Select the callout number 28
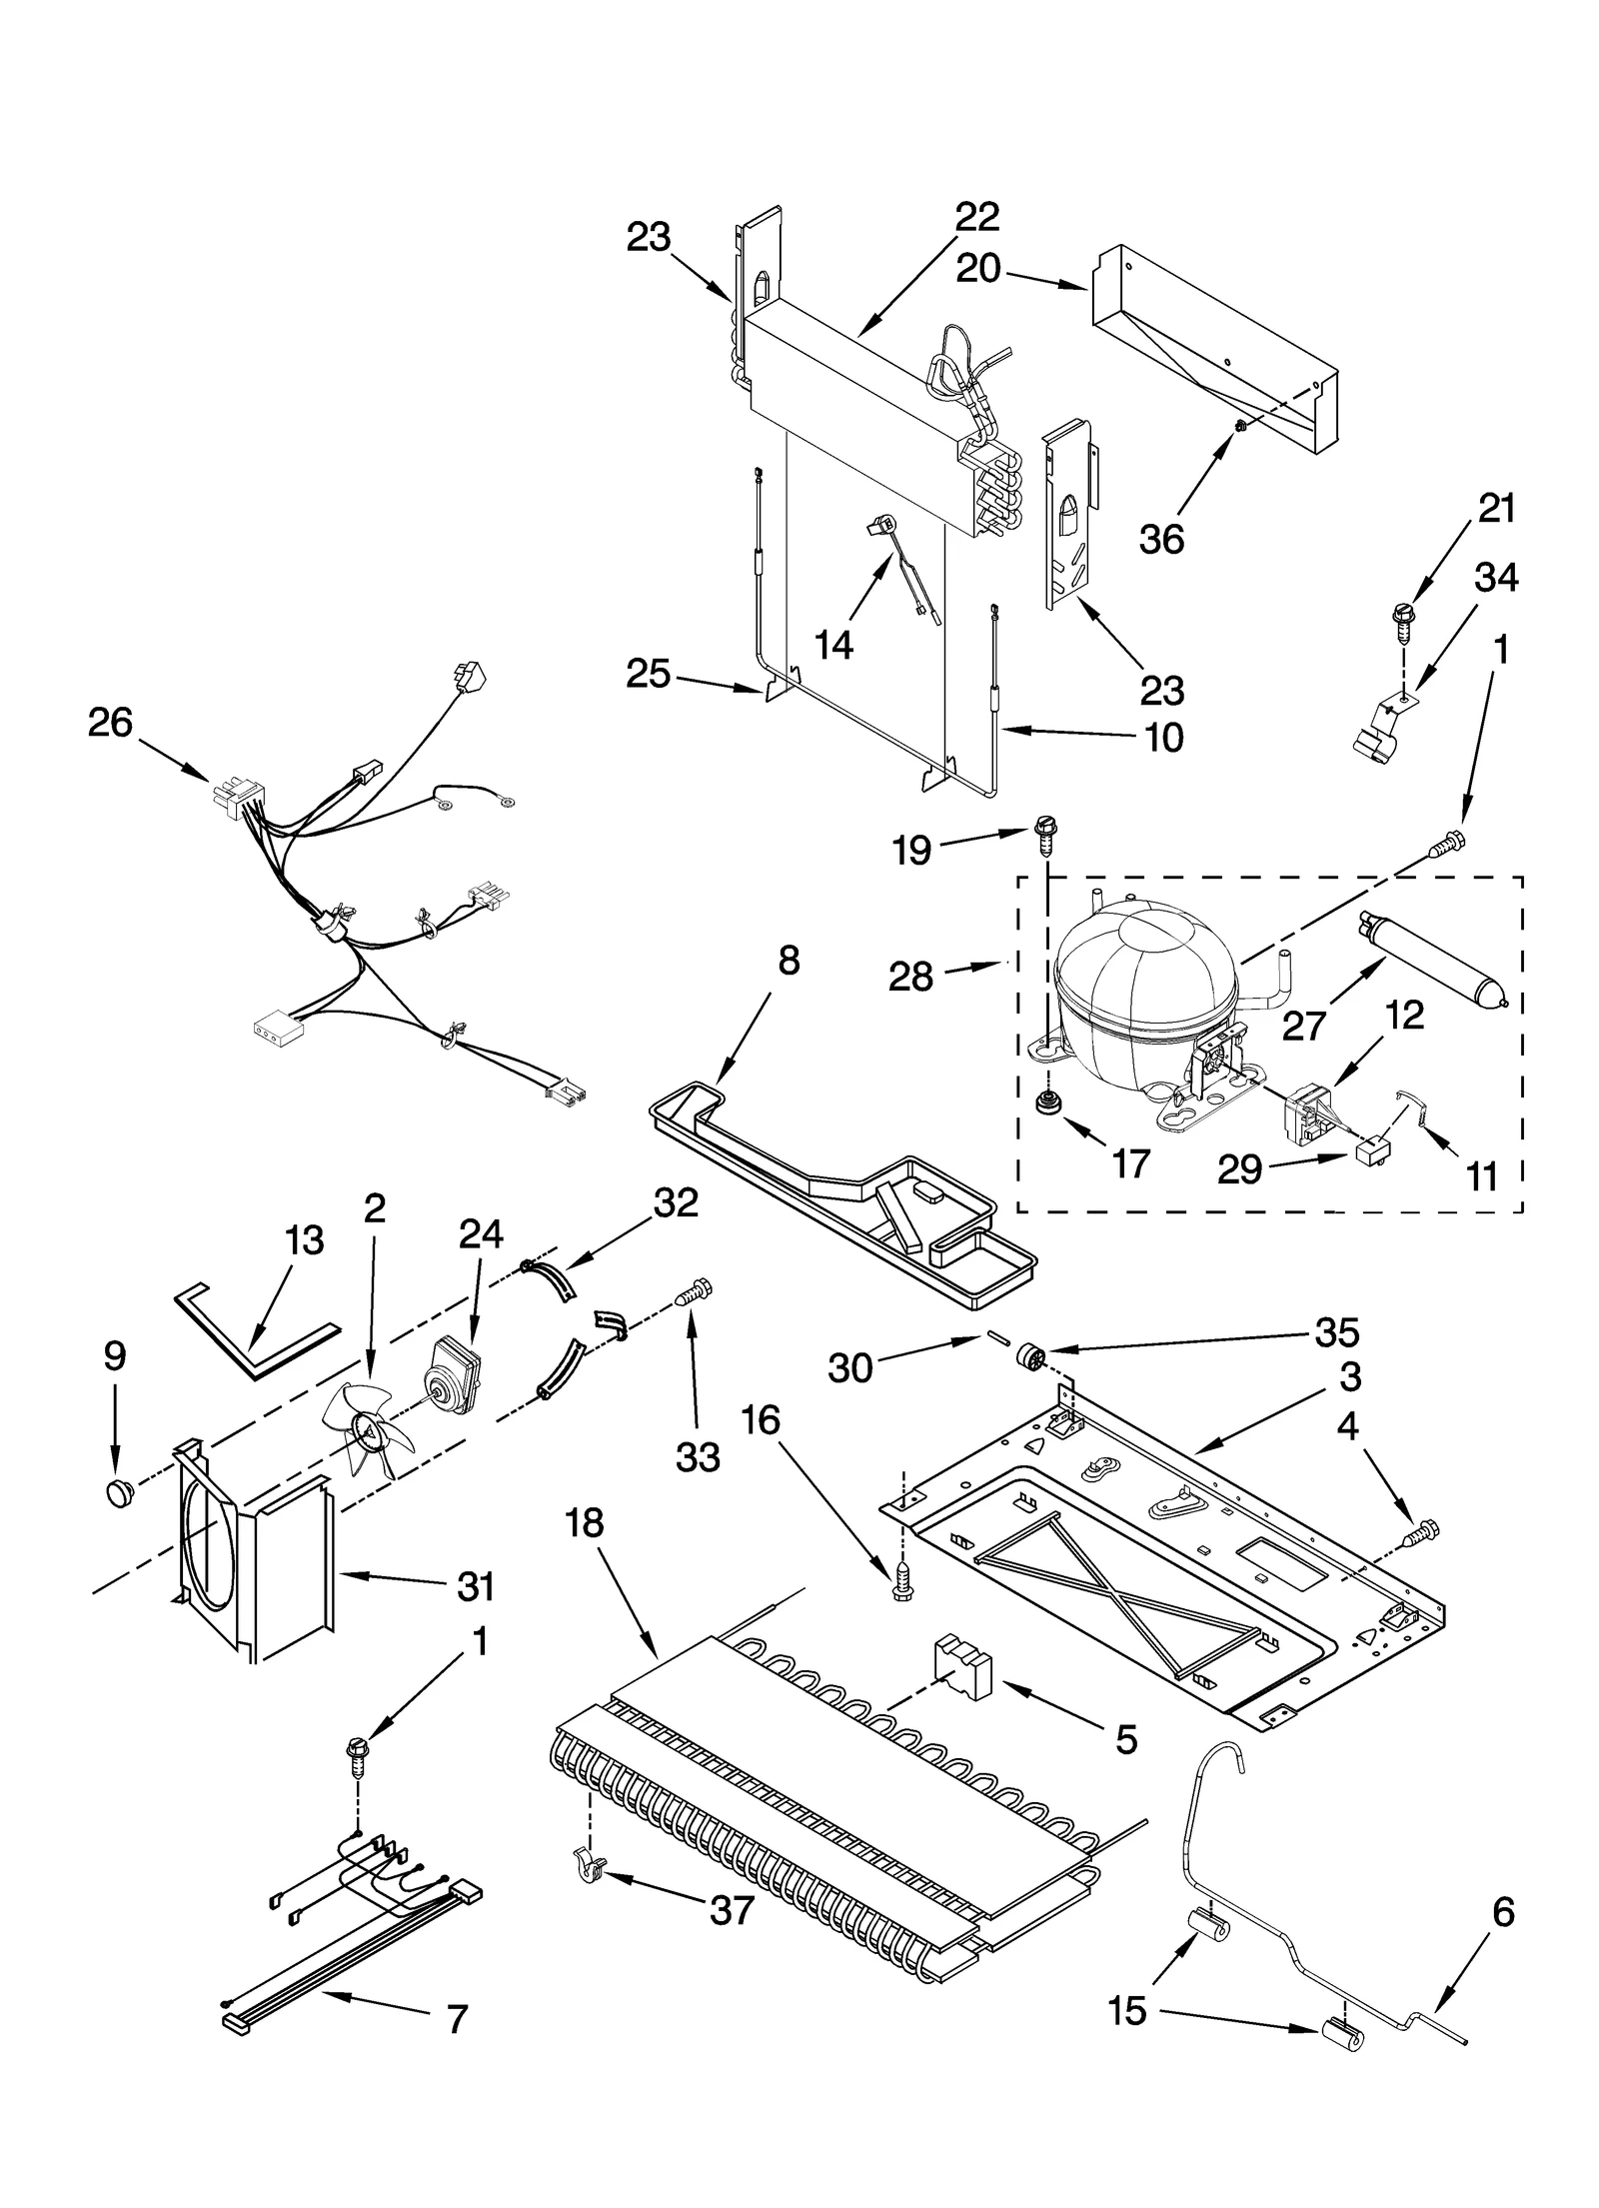coord(910,977)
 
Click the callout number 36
coord(1161,539)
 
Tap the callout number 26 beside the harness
coord(110,723)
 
